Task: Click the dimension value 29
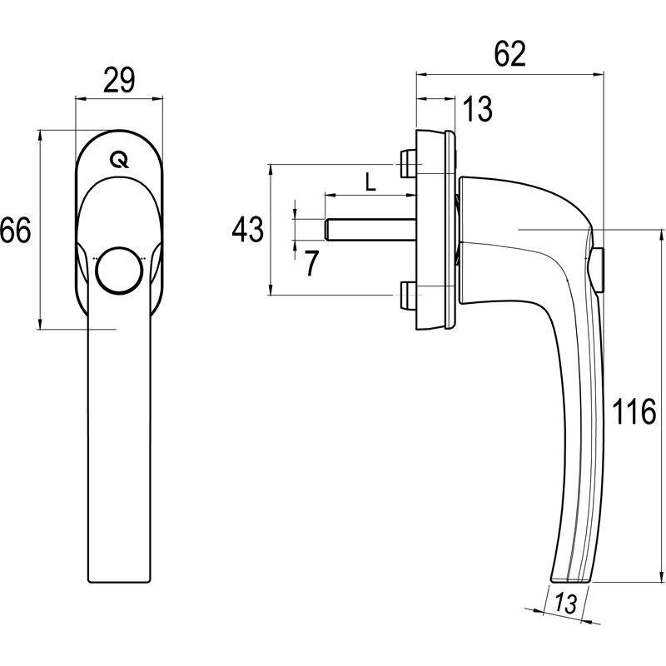(119, 81)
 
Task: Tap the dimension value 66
(16, 230)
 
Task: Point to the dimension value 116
(637, 412)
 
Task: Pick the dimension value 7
(311, 263)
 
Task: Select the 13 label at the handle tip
(565, 604)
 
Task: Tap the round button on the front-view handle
(119, 270)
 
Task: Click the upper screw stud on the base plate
(407, 163)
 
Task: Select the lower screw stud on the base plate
(407, 295)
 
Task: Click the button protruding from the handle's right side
(600, 269)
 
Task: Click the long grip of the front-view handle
(119, 458)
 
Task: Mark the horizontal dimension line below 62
(509, 73)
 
